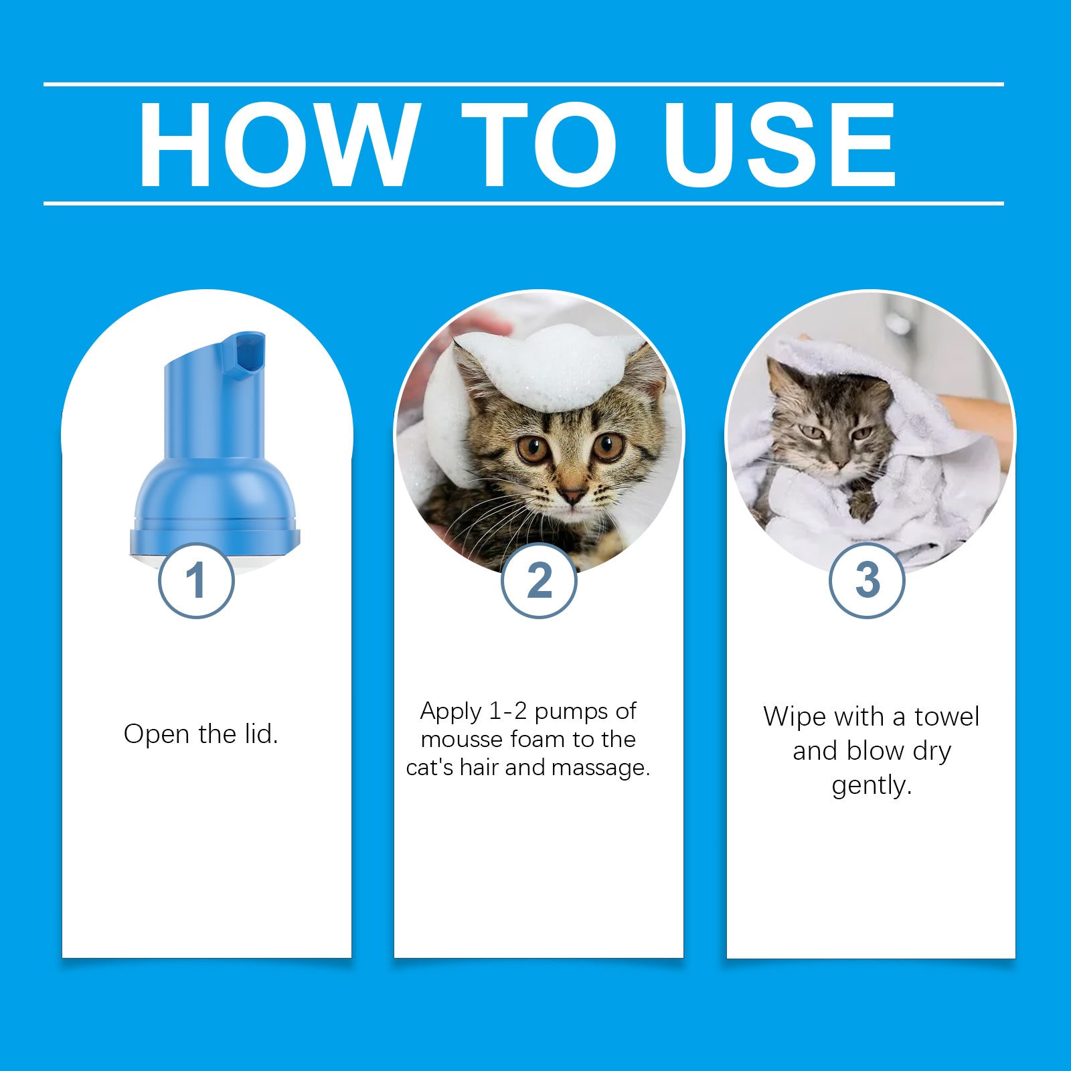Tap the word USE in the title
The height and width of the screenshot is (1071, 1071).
[779, 145]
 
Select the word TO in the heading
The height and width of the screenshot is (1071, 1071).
[538, 145]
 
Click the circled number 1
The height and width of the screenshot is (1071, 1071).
[196, 580]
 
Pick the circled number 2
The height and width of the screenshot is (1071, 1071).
[539, 580]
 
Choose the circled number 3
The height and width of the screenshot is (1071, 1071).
[868, 580]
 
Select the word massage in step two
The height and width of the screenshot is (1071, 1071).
[608, 768]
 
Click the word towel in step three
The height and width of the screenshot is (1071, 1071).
[946, 717]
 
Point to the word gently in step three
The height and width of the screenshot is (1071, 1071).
[872, 785]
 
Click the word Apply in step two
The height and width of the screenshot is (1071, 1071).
[450, 712]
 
